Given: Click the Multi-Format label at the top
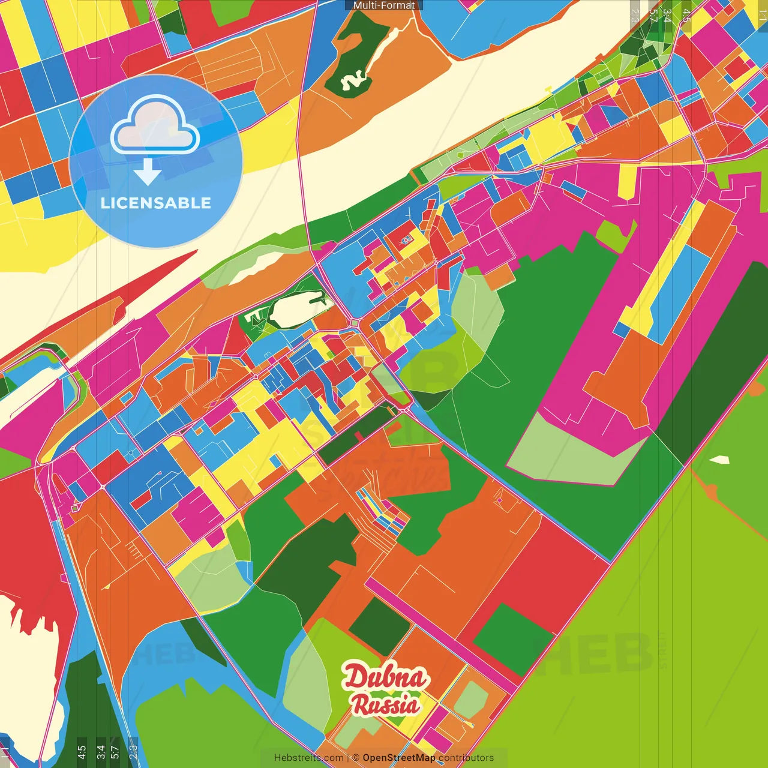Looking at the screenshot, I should tap(383, 5).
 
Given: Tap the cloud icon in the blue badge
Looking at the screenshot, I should tap(155, 126).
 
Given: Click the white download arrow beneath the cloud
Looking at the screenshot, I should tap(148, 173).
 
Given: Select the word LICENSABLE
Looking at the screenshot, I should tap(156, 203).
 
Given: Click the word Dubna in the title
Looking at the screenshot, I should tap(385, 677).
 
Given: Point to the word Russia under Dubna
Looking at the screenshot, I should tap(385, 704).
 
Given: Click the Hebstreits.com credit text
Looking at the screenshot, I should tap(308, 758).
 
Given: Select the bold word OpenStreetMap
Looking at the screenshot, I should tap(398, 758).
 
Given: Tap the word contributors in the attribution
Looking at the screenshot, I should tap(466, 758).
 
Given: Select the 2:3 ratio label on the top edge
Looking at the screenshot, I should tap(635, 16).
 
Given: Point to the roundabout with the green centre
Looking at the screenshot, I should tap(355, 323).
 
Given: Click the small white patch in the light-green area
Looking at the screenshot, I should tap(719, 460).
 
